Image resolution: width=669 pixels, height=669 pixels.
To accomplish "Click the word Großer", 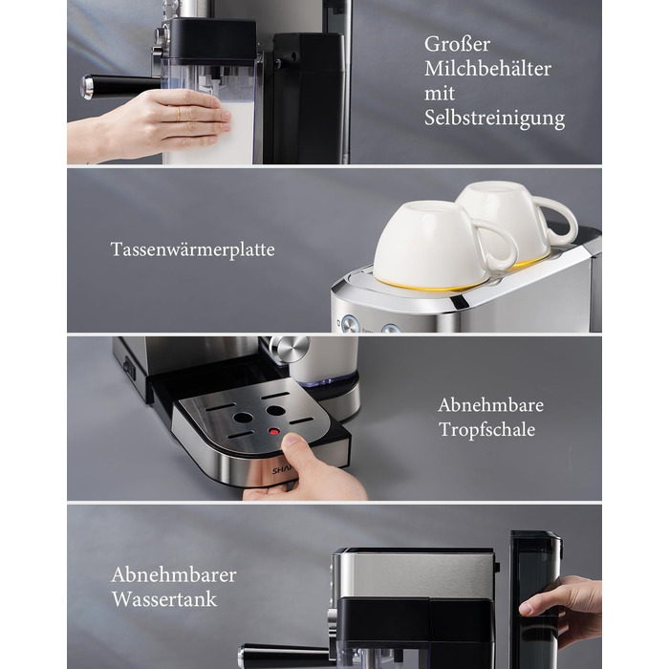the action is (x=457, y=45).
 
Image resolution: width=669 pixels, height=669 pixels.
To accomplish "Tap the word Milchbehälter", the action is (x=487, y=69).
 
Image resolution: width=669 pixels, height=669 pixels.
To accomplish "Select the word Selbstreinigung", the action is (x=494, y=119).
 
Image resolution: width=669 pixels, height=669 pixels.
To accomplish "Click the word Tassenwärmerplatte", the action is (x=192, y=249).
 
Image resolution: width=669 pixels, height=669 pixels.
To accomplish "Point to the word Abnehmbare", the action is (x=490, y=405).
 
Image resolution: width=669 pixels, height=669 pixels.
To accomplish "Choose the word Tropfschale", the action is (x=487, y=430).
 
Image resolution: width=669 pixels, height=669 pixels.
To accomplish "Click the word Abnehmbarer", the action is (x=174, y=575).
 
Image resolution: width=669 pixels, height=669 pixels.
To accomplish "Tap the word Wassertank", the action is (x=164, y=599).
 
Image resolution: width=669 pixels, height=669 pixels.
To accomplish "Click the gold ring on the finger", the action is (x=179, y=115).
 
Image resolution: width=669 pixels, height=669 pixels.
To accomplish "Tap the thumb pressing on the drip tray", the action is (x=295, y=444).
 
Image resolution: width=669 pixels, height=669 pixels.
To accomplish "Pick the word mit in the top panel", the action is (x=440, y=94).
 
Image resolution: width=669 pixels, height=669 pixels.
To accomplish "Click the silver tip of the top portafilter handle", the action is (x=87, y=88).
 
